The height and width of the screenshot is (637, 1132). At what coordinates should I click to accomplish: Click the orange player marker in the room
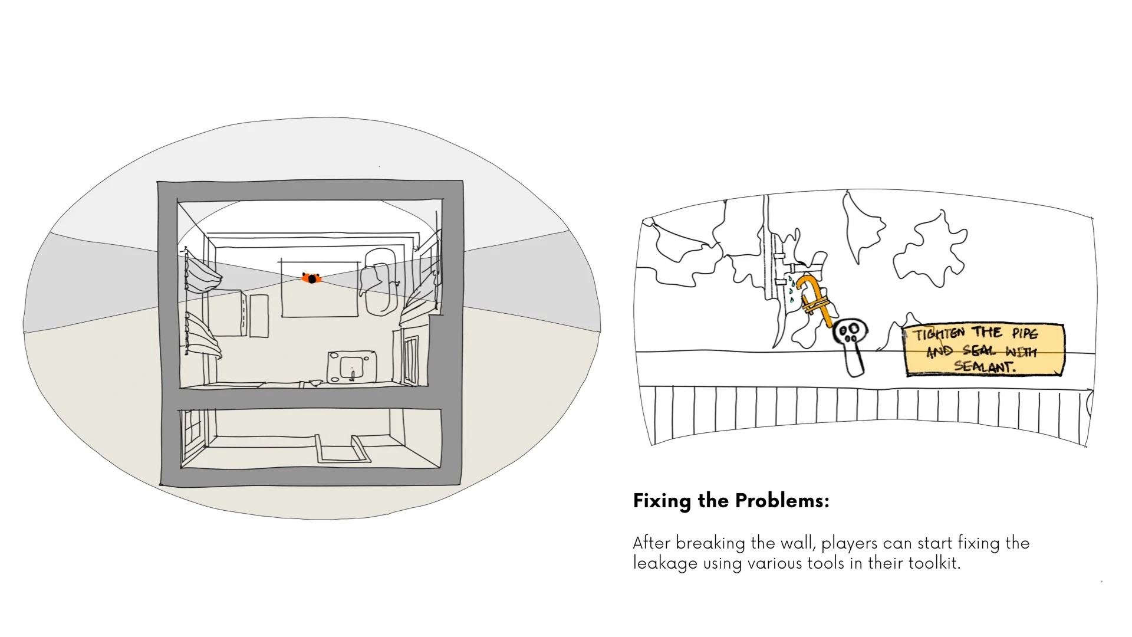(x=311, y=278)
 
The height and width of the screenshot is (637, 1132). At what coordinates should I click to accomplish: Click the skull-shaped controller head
(x=851, y=333)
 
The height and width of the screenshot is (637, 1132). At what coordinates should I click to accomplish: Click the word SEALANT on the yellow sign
(x=985, y=366)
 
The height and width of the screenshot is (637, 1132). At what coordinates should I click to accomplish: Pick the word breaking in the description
(x=712, y=543)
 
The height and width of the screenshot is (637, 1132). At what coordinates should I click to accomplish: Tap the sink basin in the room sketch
(x=353, y=366)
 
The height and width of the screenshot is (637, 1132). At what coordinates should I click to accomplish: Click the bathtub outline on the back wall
(x=376, y=282)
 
